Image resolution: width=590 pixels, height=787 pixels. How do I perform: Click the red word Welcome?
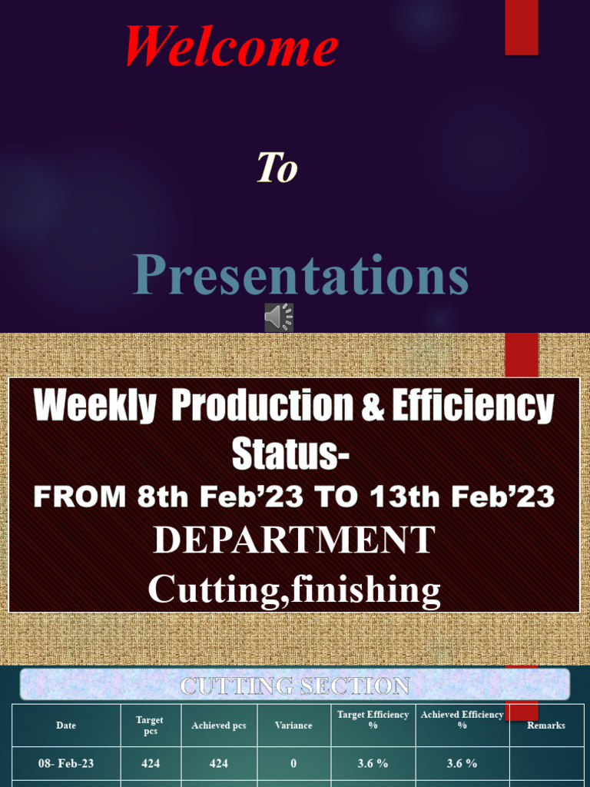[x=231, y=46]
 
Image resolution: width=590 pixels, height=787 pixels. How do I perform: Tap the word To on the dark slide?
[x=277, y=168]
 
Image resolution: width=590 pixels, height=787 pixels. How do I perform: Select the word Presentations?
[x=300, y=275]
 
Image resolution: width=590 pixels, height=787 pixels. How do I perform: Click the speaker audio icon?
[x=279, y=317]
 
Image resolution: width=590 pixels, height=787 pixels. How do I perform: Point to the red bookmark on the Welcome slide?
[x=521, y=27]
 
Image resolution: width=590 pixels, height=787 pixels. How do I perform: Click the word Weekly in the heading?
[x=94, y=407]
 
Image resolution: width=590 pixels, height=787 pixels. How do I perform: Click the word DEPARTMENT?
[x=294, y=540]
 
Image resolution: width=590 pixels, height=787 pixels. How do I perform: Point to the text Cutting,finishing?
[x=294, y=589]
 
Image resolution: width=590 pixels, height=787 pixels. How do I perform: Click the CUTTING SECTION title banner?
[x=294, y=685]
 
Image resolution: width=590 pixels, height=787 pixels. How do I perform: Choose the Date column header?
[x=66, y=726]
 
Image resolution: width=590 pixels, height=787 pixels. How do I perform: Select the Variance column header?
[x=293, y=726]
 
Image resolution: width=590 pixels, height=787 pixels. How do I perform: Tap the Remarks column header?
[x=545, y=726]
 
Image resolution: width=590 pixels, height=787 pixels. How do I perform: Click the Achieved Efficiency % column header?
[x=462, y=720]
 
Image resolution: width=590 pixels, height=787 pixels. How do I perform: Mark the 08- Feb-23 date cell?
[x=66, y=764]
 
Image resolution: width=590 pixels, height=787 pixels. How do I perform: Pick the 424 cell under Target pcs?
[x=150, y=764]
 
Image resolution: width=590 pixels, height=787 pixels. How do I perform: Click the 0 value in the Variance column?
[x=293, y=764]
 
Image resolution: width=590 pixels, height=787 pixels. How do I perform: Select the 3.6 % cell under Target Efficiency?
[x=373, y=764]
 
